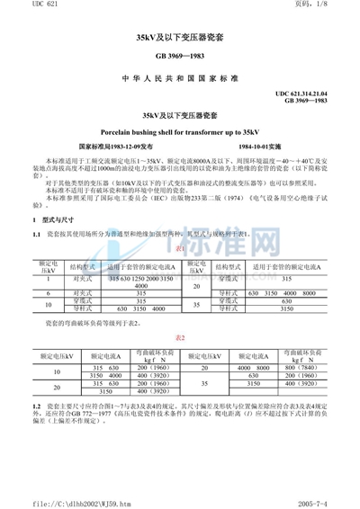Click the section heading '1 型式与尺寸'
[54, 219]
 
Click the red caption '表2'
[180, 337]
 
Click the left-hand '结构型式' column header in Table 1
[78, 267]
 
